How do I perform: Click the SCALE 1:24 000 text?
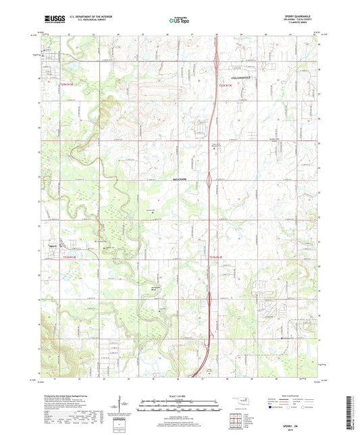[180, 395]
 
